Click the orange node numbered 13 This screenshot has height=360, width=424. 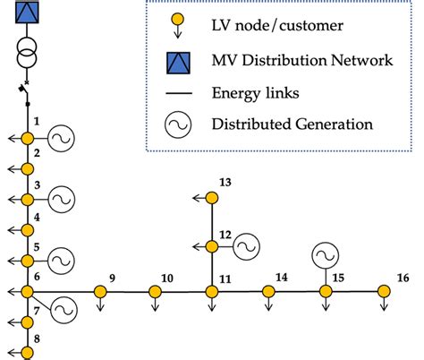[212, 198]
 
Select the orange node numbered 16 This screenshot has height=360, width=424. [384, 291]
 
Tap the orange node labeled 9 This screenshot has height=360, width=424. [98, 291]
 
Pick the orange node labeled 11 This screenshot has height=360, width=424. [212, 291]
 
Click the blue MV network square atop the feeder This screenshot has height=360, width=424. [27, 13]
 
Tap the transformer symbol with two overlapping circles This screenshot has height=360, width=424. [27, 50]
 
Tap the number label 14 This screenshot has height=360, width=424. [281, 277]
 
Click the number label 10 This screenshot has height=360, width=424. [166, 277]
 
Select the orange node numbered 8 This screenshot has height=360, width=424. [27, 351]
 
